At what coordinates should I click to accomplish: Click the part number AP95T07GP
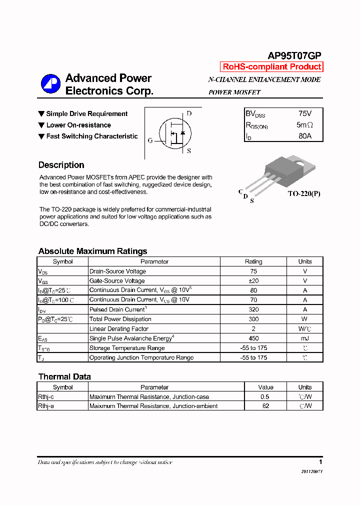(294, 56)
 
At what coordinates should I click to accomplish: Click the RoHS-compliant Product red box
(271, 67)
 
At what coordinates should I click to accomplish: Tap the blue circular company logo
(50, 84)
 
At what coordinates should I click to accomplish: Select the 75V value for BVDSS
(304, 114)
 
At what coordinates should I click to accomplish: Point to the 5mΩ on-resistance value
(304, 125)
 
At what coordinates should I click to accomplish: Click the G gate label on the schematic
(150, 140)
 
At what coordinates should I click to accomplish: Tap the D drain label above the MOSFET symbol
(189, 113)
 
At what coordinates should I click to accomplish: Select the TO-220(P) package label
(303, 193)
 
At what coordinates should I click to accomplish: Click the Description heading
(61, 165)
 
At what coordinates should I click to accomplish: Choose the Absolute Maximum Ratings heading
(92, 251)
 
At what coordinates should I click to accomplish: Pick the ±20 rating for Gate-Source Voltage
(253, 281)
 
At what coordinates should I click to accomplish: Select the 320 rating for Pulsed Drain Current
(253, 309)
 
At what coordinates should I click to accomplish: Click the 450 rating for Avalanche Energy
(253, 338)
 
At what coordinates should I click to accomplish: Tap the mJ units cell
(304, 338)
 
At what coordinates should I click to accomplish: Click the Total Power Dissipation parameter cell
(120, 319)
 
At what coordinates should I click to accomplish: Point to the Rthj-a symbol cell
(46, 406)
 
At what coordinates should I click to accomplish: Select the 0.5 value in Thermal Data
(265, 396)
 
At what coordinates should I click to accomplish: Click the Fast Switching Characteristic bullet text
(92, 136)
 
